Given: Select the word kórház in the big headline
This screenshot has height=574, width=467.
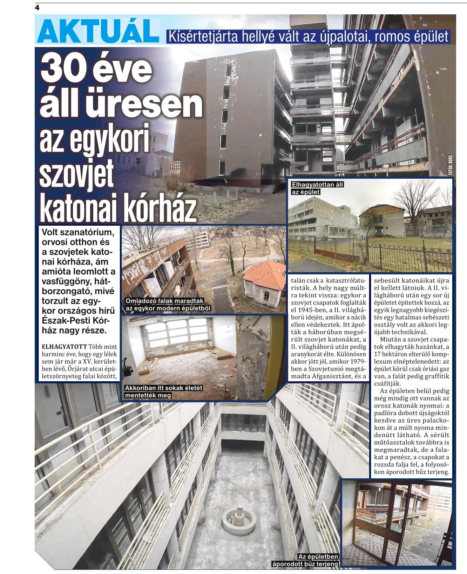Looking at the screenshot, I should click(156, 210).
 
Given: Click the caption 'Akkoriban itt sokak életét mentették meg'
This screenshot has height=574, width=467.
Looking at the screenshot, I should click(164, 391).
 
